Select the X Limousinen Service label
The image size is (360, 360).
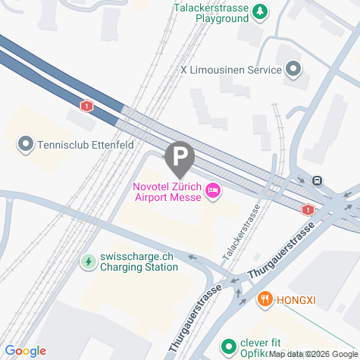(x=230, y=70)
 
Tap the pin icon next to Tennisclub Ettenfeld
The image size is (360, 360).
(x=26, y=144)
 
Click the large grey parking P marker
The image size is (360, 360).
(x=180, y=158)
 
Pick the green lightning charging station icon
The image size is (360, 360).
(x=88, y=262)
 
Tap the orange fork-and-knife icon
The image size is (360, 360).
(x=265, y=299)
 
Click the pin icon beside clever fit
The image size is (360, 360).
(x=228, y=346)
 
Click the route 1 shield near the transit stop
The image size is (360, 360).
(x=308, y=210)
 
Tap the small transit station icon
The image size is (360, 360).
(x=317, y=180)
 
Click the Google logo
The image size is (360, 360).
(x=25, y=351)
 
